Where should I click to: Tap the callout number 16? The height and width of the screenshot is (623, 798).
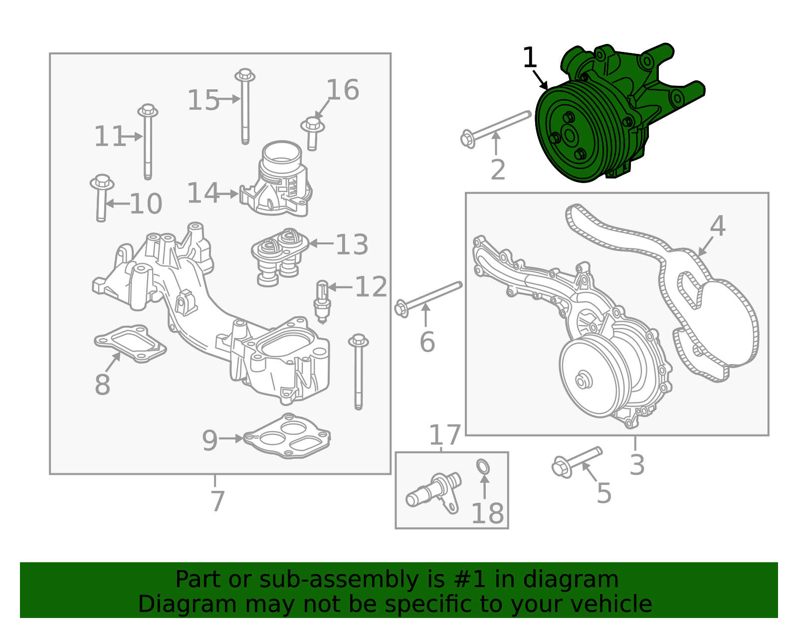point(343,90)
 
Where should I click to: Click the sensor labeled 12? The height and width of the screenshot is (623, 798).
point(322,300)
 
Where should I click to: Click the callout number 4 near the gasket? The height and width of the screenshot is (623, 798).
point(717,226)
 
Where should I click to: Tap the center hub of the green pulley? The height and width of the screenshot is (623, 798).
point(569,135)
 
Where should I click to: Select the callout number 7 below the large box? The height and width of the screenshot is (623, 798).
point(217,501)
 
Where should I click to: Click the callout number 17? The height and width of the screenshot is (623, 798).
point(444,435)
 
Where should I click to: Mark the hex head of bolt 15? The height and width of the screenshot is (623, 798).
point(244,76)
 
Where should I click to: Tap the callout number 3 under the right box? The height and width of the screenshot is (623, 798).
point(637,464)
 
